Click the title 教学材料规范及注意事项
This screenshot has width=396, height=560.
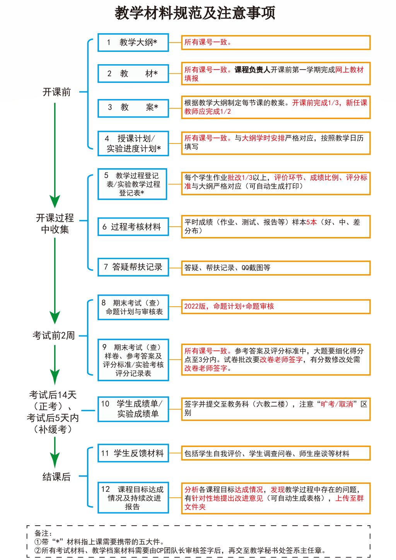tap(195, 13)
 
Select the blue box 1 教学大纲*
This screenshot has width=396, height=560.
tap(133, 43)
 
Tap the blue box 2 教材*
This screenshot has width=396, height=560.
tap(133, 73)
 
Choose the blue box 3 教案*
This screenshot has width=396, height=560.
tap(133, 108)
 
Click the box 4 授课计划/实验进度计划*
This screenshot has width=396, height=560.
tap(133, 143)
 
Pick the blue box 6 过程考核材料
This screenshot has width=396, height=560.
tap(133, 227)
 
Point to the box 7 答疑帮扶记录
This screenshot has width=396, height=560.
tap(133, 267)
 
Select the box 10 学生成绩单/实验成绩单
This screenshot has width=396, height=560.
tap(133, 409)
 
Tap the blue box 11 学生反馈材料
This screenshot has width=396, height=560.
tap(133, 453)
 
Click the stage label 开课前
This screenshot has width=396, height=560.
tap(56, 92)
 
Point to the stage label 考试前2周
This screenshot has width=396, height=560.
tap(53, 335)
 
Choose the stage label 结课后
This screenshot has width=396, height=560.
tap(56, 477)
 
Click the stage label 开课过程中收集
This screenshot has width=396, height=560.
tap(55, 224)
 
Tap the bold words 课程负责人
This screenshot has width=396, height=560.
tap(252, 70)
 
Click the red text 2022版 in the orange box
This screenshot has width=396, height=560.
tap(195, 306)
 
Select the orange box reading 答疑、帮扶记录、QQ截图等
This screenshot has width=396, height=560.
tap(276, 268)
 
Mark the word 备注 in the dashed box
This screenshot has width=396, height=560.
tap(42, 534)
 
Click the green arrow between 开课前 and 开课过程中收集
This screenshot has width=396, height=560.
tap(55, 151)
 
